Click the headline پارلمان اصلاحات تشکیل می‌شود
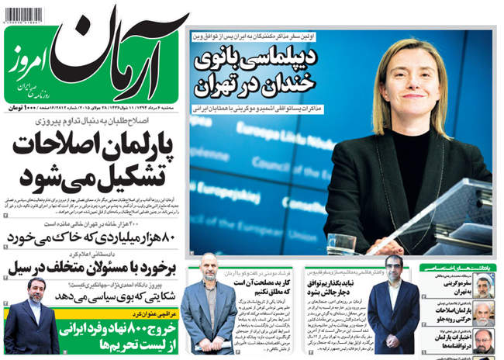(93, 159)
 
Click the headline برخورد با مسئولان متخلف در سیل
(93, 268)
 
